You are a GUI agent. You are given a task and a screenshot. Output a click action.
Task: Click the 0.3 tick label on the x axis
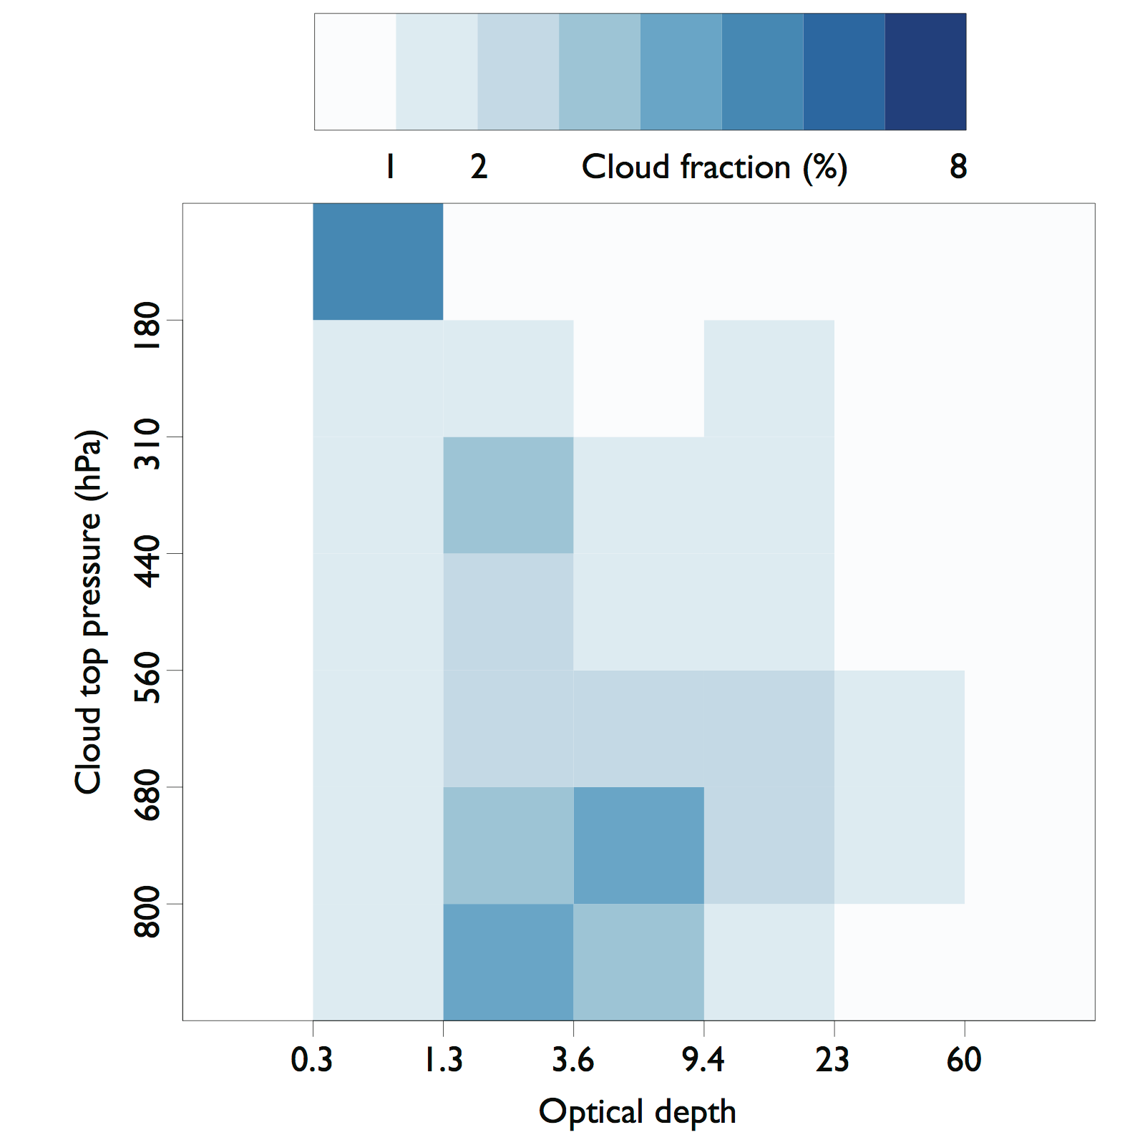[312, 1060]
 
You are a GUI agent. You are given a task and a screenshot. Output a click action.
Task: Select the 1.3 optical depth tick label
[444, 1060]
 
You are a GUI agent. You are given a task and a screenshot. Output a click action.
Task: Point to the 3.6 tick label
[573, 1060]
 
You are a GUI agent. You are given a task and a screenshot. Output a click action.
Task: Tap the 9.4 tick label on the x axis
[703, 1060]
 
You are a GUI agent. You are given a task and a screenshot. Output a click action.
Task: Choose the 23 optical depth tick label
[833, 1060]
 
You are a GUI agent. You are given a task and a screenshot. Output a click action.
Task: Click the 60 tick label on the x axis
[964, 1060]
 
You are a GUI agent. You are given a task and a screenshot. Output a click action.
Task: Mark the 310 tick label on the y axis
[148, 444]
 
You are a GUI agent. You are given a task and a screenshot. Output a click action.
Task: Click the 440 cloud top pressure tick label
[148, 561]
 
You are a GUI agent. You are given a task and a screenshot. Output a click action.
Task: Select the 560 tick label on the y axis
[148, 678]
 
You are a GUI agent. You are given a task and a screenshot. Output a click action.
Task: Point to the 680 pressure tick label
[148, 795]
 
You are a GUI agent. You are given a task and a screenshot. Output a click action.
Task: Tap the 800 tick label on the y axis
[148, 912]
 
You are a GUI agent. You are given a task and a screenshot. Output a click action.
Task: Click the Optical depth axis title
[637, 1112]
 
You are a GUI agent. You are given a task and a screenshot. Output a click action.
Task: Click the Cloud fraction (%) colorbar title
[714, 167]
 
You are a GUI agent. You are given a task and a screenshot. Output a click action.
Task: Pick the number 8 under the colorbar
[958, 167]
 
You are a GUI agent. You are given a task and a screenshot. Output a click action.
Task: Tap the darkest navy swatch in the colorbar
[925, 72]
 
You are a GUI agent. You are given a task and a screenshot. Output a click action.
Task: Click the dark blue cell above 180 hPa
[378, 262]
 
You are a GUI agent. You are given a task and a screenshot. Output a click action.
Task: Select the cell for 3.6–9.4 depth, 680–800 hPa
[638, 845]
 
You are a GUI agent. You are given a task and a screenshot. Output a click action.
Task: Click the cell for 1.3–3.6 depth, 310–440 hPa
[508, 495]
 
